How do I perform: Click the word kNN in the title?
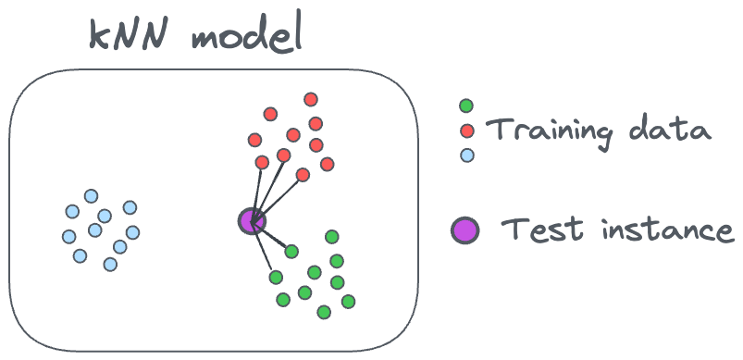point(129,35)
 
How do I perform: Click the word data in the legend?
point(670,128)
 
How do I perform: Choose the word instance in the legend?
point(668,229)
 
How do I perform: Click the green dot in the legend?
point(466,106)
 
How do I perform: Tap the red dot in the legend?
point(467,130)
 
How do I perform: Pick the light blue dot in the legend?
point(467,155)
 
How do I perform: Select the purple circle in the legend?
point(464,230)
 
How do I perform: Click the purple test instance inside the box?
point(252,221)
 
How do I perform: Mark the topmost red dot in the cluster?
point(311,99)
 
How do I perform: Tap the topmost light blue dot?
point(91,196)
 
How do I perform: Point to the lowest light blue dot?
point(110,265)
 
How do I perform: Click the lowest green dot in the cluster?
point(324,312)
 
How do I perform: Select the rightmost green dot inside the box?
point(348,302)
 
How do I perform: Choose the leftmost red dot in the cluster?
point(254,140)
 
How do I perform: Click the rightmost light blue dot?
point(132,232)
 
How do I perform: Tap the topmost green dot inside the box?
point(332,236)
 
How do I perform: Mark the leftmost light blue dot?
point(69,236)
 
